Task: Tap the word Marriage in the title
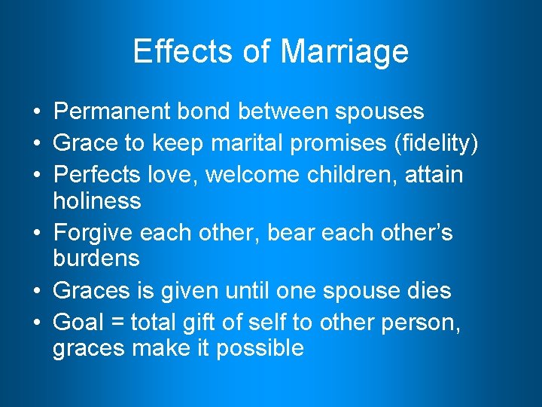click(x=344, y=51)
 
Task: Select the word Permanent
click(x=113, y=112)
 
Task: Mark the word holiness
click(x=97, y=200)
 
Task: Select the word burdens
click(x=96, y=259)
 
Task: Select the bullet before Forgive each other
click(x=37, y=232)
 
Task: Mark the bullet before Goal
click(x=37, y=321)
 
